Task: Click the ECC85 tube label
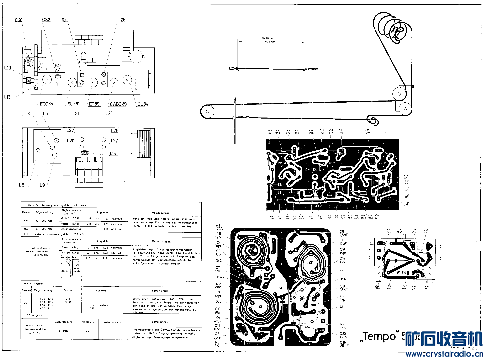47,104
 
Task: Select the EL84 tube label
143,104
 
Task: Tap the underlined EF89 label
94,104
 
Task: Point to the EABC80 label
118,104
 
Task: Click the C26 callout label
19,20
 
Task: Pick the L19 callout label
62,20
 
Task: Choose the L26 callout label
122,20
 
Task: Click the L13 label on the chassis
7,97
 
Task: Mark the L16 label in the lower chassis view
113,154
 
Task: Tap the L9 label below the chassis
43,185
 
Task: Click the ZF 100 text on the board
311,169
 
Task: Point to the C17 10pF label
342,242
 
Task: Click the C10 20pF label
217,311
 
